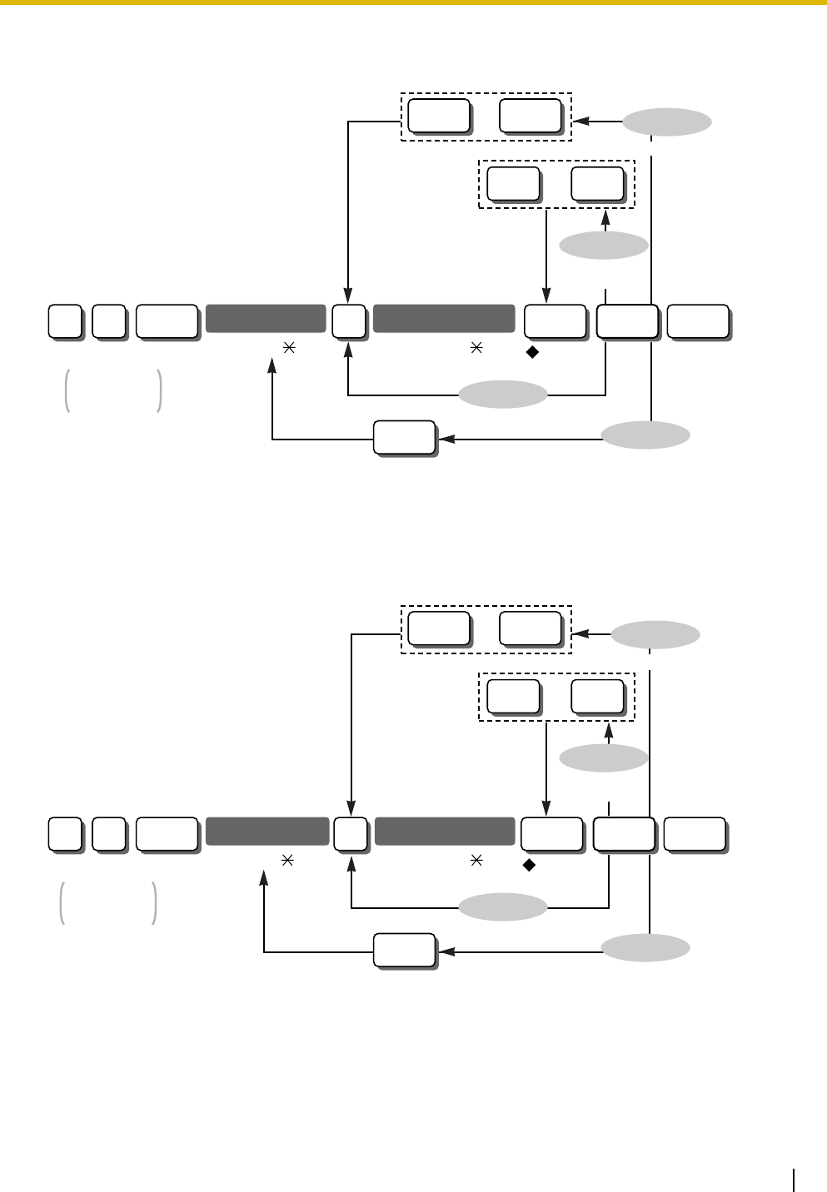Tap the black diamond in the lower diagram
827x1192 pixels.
click(x=528, y=865)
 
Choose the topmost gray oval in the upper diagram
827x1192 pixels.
click(x=668, y=122)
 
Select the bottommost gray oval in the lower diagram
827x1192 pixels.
click(x=646, y=948)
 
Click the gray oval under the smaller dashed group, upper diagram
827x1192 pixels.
click(x=604, y=246)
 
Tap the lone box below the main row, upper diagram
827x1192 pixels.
click(x=404, y=438)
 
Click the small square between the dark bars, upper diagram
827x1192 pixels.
click(x=348, y=321)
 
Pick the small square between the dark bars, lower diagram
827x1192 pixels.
click(x=351, y=835)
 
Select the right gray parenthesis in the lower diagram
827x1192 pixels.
click(x=155, y=904)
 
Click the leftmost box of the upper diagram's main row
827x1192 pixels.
click(x=64, y=322)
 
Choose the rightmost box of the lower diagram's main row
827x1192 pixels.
click(x=694, y=835)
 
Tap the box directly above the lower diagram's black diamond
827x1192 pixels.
click(x=551, y=835)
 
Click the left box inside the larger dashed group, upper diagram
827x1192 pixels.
click(x=440, y=116)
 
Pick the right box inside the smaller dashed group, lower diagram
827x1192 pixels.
click(x=597, y=696)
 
